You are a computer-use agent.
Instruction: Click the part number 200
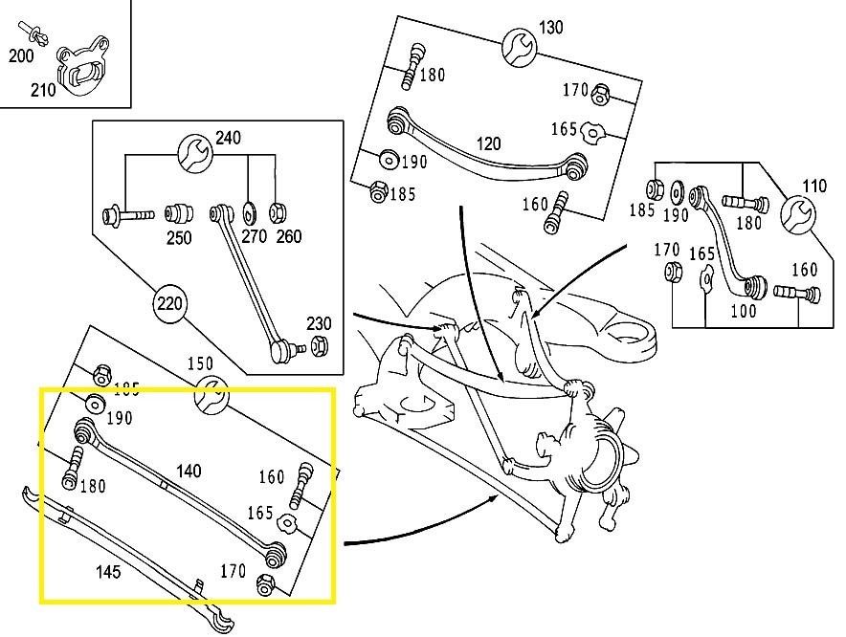(21, 56)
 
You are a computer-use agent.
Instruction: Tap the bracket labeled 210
(83, 67)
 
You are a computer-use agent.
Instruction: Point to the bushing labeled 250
(177, 211)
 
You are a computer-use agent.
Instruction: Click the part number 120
(488, 144)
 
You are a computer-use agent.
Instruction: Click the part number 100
(743, 311)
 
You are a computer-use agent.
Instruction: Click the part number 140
(189, 471)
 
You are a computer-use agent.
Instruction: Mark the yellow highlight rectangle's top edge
(187, 389)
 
